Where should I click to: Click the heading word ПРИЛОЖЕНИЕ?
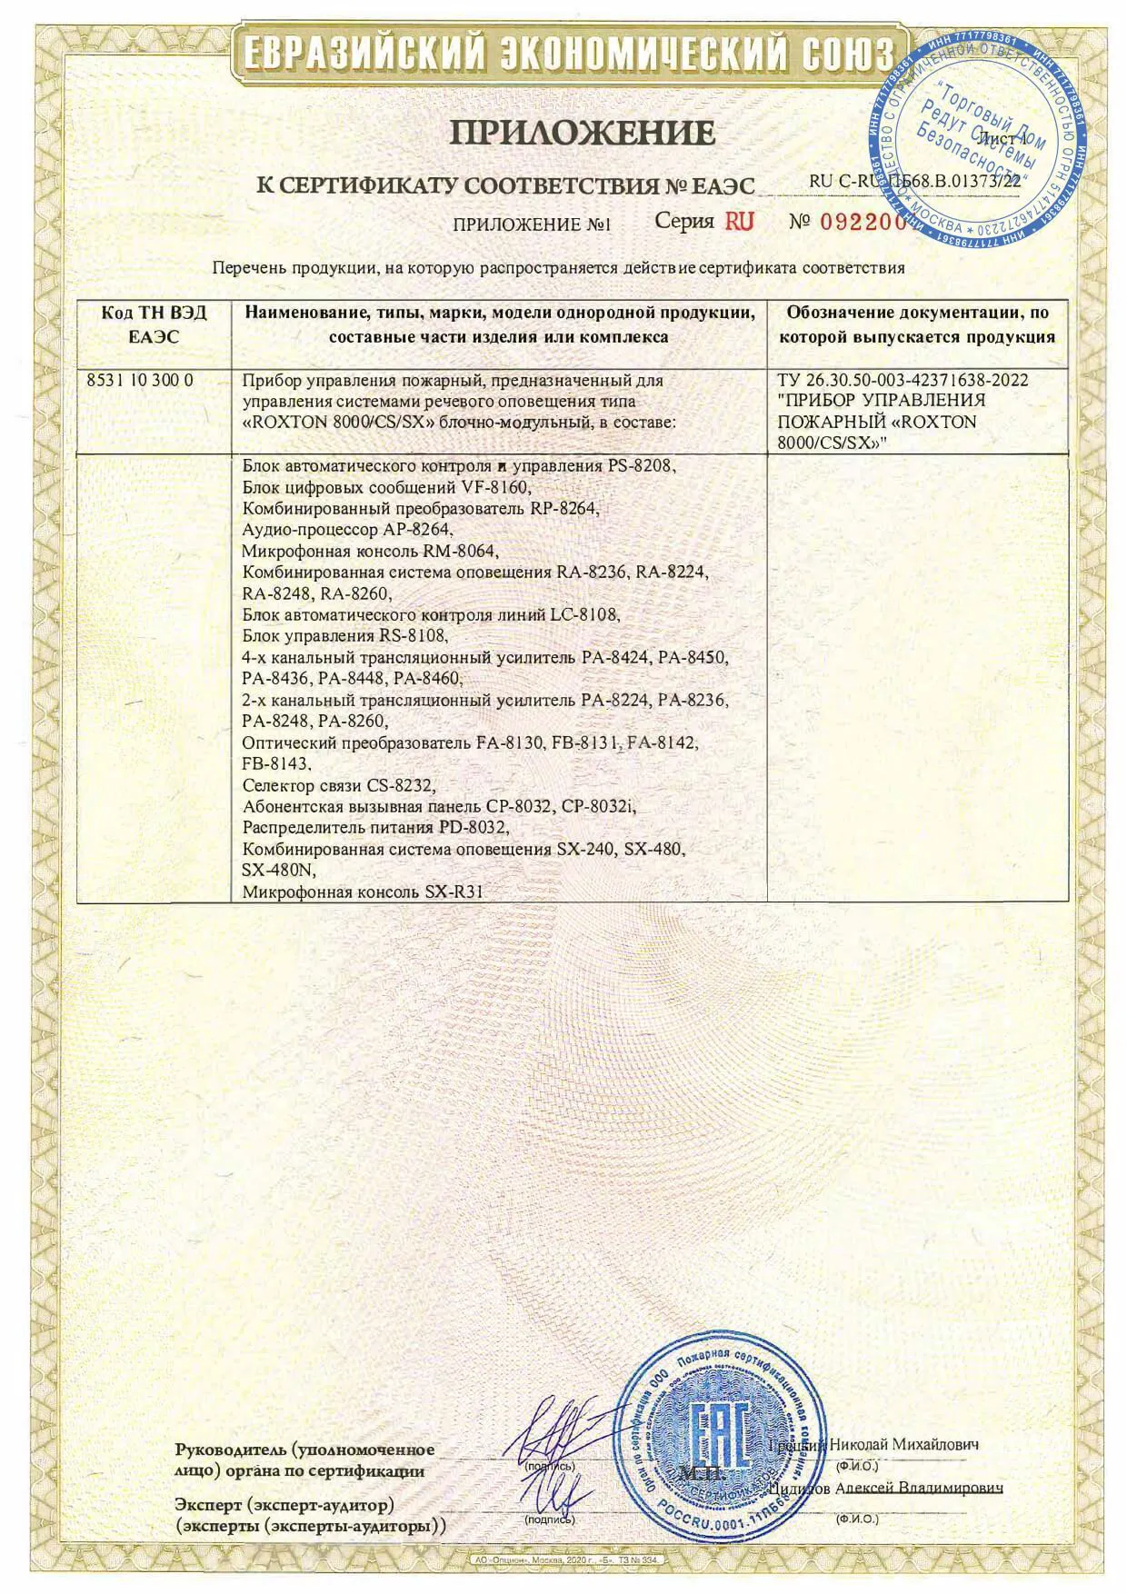coord(583,134)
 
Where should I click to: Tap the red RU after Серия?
coord(739,221)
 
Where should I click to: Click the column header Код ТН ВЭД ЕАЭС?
coord(154,324)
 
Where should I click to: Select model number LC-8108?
coord(585,614)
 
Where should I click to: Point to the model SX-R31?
coord(453,892)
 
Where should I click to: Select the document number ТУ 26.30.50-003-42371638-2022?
coord(903,381)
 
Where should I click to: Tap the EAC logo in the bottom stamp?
coord(720,1435)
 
